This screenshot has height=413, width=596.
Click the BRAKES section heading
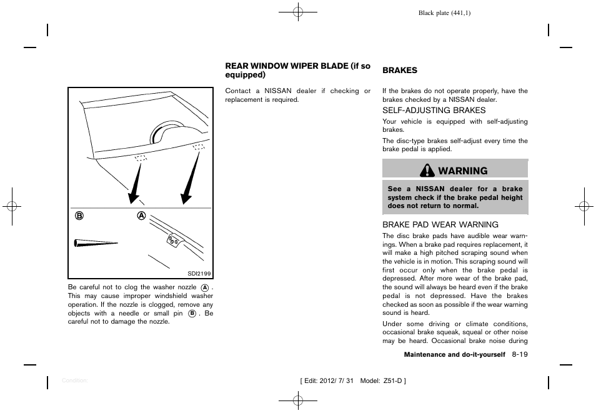pyautogui.click(x=400, y=71)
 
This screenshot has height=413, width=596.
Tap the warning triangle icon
pyautogui.click(x=428, y=171)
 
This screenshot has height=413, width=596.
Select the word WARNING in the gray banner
pyautogui.click(x=463, y=171)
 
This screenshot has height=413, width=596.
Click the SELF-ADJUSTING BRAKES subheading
pyautogui.click(x=434, y=110)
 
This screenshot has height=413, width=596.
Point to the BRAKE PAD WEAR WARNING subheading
pyautogui.click(x=440, y=224)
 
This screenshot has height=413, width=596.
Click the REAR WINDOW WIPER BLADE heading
pyautogui.click(x=297, y=70)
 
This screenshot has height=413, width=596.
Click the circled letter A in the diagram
pyautogui.click(x=142, y=216)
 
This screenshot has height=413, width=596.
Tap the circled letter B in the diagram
pyautogui.click(x=79, y=216)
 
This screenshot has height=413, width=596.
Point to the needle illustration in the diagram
pyautogui.click(x=96, y=243)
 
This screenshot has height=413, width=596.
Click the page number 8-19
pyautogui.click(x=519, y=354)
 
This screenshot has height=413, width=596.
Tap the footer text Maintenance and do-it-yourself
pyautogui.click(x=454, y=355)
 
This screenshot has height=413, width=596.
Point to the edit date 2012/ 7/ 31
pyautogui.click(x=333, y=381)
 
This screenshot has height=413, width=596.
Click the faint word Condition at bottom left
pyautogui.click(x=74, y=381)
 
